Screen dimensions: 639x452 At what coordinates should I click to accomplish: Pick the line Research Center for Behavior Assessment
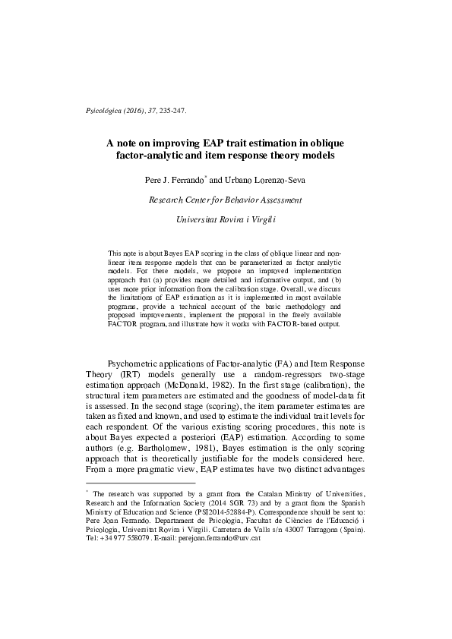(226, 200)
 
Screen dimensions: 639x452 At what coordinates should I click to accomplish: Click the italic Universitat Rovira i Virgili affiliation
(226, 219)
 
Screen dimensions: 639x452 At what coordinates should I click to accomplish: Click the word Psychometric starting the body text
(138, 365)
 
